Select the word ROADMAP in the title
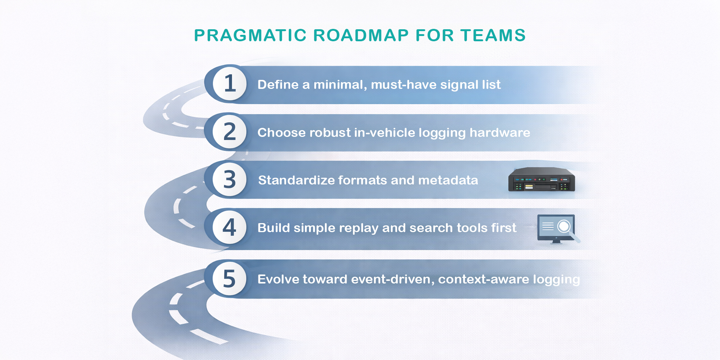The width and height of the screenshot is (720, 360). (361, 36)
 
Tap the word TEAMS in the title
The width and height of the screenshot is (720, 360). (493, 36)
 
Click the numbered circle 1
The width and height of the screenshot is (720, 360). (229, 83)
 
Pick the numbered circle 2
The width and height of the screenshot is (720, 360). (229, 132)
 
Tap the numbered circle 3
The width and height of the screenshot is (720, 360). (229, 179)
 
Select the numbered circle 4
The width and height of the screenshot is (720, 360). (229, 227)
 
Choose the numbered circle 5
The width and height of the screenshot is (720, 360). (229, 279)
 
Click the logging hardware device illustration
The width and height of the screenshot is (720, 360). (541, 180)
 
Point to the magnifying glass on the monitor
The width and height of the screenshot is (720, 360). (564, 226)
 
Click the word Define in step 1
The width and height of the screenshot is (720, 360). (278, 85)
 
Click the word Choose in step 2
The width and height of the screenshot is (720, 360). (281, 133)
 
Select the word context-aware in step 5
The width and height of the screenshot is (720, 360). (483, 279)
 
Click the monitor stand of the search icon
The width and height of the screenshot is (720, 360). (556, 241)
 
